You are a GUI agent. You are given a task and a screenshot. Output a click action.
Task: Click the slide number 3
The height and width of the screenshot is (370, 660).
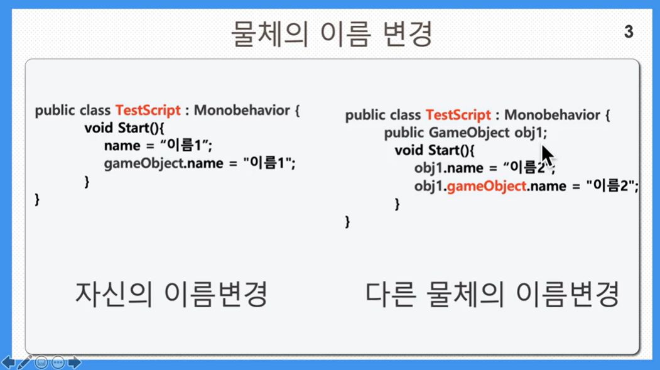[629, 31]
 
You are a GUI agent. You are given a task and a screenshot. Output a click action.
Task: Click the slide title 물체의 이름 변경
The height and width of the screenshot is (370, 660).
[332, 34]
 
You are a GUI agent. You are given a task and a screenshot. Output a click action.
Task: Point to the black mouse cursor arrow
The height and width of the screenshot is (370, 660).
[547, 156]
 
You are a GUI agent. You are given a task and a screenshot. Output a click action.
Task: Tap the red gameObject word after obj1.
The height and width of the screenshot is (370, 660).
[486, 186]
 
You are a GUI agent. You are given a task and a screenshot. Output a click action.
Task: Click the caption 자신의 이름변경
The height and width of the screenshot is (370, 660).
[171, 294]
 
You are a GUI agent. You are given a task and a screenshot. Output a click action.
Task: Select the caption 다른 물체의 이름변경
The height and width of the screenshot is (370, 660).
[492, 294]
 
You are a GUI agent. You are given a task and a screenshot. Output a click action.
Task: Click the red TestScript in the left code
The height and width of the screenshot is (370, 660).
[148, 111]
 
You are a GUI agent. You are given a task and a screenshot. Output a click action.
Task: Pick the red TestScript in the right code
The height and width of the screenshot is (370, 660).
[458, 115]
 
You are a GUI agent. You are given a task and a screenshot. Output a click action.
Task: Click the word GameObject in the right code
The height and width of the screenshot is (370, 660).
[469, 133]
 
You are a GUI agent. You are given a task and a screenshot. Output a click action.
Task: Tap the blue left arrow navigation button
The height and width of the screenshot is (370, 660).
[8, 362]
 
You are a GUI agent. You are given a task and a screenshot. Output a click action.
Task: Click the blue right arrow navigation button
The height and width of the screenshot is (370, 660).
[74, 362]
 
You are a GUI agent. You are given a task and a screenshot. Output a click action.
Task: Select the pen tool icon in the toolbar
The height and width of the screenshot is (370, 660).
[24, 362]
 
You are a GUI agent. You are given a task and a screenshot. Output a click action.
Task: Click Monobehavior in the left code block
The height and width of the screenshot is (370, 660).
[242, 111]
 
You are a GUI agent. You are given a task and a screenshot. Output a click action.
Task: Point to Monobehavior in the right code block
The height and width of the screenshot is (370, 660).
[552, 115]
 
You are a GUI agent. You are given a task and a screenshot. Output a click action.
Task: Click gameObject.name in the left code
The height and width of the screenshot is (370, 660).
[164, 163]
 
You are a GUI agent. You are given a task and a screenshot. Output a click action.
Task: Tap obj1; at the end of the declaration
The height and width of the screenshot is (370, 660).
[531, 133]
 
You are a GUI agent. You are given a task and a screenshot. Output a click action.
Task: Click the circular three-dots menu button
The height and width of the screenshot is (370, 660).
[58, 362]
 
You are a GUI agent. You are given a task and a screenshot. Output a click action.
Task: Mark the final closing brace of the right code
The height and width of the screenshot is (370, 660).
[347, 222]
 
